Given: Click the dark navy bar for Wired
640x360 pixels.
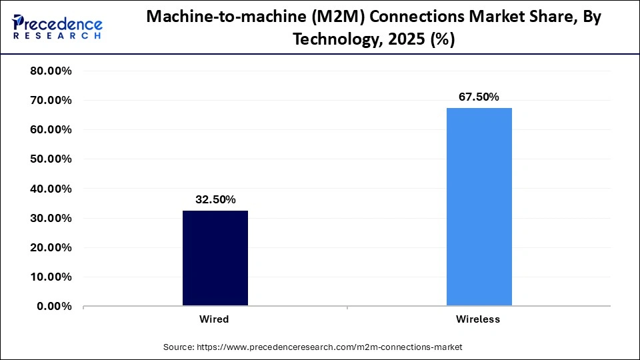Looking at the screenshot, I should point(215,259).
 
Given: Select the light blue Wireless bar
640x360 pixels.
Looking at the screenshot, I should point(479,207).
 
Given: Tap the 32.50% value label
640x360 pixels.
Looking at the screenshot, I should point(215,199).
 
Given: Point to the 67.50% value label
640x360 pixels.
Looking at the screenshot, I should point(479,97).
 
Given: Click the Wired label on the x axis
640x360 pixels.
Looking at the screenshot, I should point(214,319).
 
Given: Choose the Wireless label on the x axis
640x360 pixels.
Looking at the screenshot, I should point(478,319).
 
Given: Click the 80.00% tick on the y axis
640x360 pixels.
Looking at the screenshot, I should point(51,71).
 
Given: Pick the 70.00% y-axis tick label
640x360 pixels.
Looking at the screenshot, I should point(51,101).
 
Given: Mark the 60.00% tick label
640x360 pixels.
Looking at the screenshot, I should point(51,130).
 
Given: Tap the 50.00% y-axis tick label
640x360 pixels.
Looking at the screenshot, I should point(51,159).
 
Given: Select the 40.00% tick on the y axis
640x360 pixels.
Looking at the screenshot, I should point(51,189).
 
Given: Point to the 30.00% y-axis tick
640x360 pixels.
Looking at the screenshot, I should point(51,218).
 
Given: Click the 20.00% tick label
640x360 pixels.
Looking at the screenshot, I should point(51,247).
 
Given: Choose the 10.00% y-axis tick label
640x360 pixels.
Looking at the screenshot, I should point(51,277).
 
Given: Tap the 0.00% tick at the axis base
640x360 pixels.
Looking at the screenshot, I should point(53,306).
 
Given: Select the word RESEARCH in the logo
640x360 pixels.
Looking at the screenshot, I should point(58,37).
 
